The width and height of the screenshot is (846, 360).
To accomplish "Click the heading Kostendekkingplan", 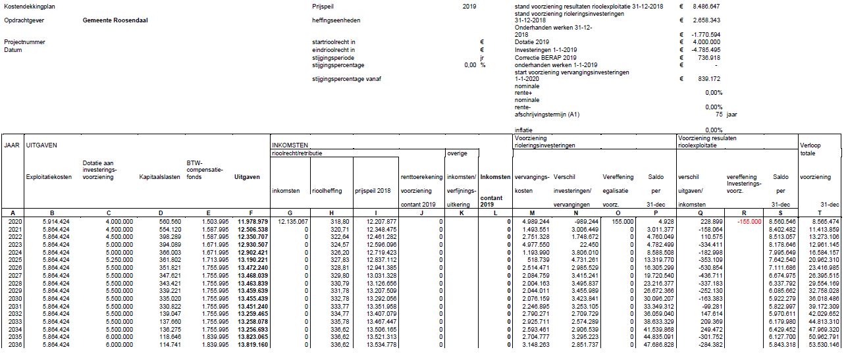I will (26, 6).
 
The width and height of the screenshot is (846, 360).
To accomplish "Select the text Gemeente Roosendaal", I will (115, 20).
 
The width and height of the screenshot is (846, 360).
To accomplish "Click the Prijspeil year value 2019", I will (469, 6).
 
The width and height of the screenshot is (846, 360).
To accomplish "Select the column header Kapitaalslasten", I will (160, 177).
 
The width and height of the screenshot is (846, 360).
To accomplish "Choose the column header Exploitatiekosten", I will (47, 177).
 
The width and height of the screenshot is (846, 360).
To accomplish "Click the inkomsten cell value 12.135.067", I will (290, 222).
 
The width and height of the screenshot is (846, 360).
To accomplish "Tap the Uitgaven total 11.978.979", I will (251, 222).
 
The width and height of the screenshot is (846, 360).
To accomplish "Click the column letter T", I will (819, 213).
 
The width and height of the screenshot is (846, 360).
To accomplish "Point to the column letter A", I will (13, 213).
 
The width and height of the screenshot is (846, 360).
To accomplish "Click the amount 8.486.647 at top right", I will (706, 6).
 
